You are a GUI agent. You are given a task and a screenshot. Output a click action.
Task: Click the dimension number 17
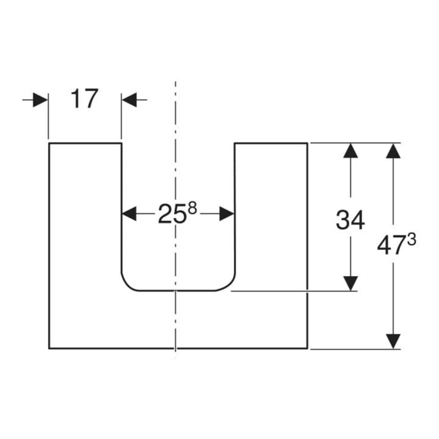[84, 99]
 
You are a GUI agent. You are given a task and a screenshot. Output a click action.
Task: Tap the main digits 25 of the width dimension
[172, 214]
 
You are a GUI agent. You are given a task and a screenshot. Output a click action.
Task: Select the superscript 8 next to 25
[192, 209]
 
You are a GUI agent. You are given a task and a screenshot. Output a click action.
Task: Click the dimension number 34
[350, 220]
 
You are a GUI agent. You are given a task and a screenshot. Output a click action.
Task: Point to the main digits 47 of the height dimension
[391, 246]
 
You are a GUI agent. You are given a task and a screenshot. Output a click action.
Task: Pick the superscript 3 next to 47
[412, 240]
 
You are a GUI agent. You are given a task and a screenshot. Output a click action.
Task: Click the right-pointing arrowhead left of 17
[40, 100]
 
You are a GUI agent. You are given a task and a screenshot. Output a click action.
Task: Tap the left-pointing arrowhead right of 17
[129, 100]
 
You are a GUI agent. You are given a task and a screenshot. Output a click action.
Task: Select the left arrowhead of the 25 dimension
[129, 214]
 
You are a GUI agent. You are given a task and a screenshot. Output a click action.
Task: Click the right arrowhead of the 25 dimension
[227, 214]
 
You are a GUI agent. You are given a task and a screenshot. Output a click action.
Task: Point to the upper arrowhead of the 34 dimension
[351, 151]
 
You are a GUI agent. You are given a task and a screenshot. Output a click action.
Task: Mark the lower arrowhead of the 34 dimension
[351, 284]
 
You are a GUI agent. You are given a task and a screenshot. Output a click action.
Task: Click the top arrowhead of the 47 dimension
[393, 151]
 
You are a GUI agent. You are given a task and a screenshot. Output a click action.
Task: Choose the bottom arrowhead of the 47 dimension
[393, 341]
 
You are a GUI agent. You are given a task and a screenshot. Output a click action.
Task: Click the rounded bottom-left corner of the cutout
[127, 285]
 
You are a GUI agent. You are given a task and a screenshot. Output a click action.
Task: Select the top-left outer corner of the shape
[49, 143]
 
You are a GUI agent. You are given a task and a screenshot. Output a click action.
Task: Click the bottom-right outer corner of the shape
[307, 349]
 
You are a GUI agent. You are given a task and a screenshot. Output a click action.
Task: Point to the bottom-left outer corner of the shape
[49, 349]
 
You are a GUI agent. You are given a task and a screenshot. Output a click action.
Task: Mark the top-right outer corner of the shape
[307, 143]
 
